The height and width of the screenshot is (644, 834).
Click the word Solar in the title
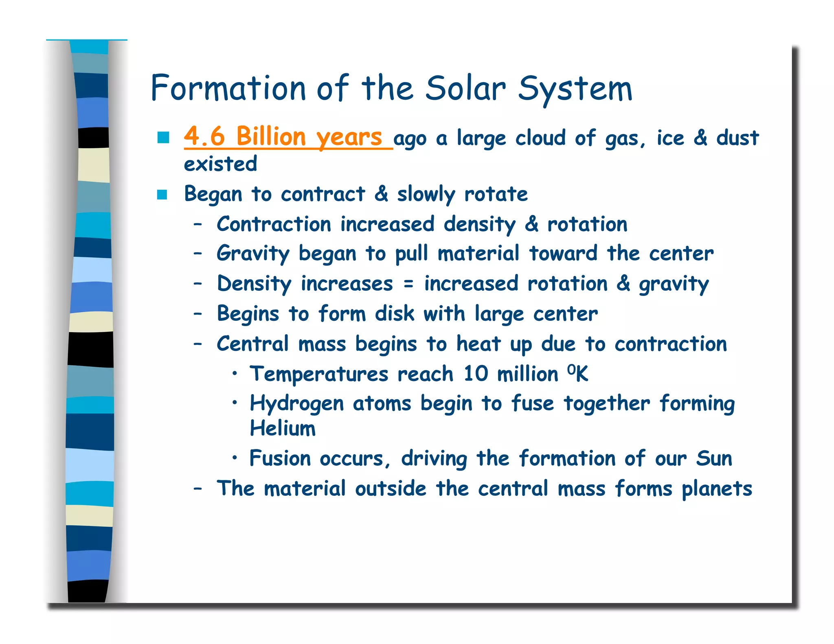tap(465, 89)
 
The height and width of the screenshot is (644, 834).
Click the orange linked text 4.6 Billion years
tap(283, 137)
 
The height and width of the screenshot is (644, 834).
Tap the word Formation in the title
tap(228, 89)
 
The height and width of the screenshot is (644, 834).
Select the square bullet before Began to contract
tap(162, 195)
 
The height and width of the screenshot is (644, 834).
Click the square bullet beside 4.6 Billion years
tap(163, 138)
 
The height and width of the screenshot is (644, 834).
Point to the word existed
tap(220, 164)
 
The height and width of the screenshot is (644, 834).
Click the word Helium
tap(283, 429)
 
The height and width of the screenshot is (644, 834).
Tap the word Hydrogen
tap(296, 404)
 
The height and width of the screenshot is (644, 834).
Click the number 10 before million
tap(476, 374)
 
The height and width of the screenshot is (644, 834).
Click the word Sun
tap(714, 458)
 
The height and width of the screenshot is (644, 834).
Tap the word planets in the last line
tap(717, 489)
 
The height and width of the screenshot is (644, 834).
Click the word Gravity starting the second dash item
tap(252, 254)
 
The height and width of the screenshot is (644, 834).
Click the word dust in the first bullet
tap(737, 138)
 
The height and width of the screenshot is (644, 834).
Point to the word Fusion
tap(280, 459)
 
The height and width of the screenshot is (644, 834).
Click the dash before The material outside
tap(198, 488)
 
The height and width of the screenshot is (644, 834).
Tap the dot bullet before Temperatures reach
tap(235, 373)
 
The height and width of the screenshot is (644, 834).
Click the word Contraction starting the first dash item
tap(274, 224)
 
